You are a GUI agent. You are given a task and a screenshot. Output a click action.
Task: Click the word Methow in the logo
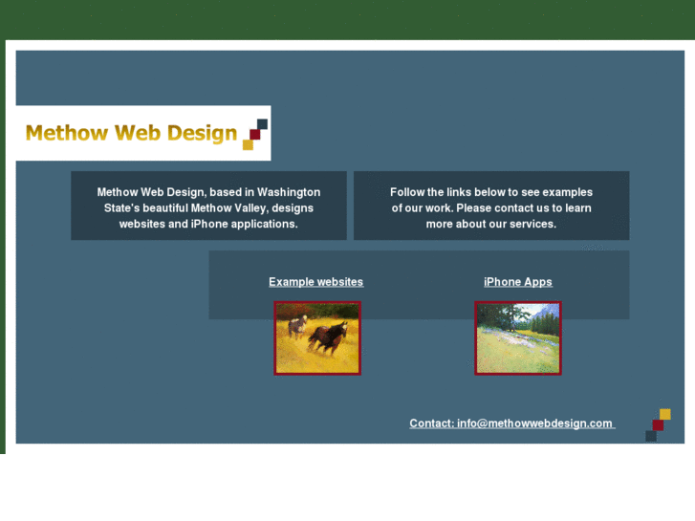tap(66, 133)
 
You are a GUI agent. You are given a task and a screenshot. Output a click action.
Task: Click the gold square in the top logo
tap(248, 144)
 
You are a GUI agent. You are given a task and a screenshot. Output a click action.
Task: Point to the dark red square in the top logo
tap(254, 135)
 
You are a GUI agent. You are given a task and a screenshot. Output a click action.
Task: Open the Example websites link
tap(315, 282)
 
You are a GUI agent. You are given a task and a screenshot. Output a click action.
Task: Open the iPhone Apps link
tap(517, 282)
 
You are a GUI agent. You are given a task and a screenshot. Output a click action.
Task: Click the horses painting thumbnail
tap(317, 338)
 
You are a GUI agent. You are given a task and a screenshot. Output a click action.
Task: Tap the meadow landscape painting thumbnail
tap(517, 338)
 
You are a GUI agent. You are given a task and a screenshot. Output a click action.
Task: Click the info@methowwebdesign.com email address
tap(534, 423)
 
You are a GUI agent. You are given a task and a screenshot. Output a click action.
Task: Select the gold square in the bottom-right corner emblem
tap(665, 415)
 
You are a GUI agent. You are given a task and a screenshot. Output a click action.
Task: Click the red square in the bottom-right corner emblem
tap(658, 425)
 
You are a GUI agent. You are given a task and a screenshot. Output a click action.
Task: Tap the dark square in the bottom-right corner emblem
tap(651, 436)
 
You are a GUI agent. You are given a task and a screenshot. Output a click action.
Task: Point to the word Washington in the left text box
tap(289, 192)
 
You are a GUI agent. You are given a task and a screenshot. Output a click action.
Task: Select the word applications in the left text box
tap(264, 224)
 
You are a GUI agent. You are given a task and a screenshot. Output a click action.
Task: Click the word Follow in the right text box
tap(407, 192)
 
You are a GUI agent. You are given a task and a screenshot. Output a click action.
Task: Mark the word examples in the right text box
tap(567, 192)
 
